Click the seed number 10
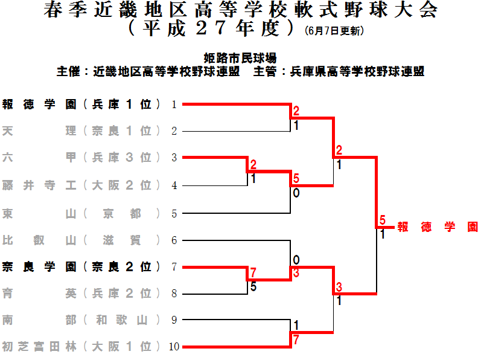174,347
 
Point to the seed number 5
174,213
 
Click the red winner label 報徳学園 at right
438,227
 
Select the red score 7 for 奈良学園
253,273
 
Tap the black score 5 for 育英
253,287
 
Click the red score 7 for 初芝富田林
296,340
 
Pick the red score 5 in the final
382,220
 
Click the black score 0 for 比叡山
296,260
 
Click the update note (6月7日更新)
334,30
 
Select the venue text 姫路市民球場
240,58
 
